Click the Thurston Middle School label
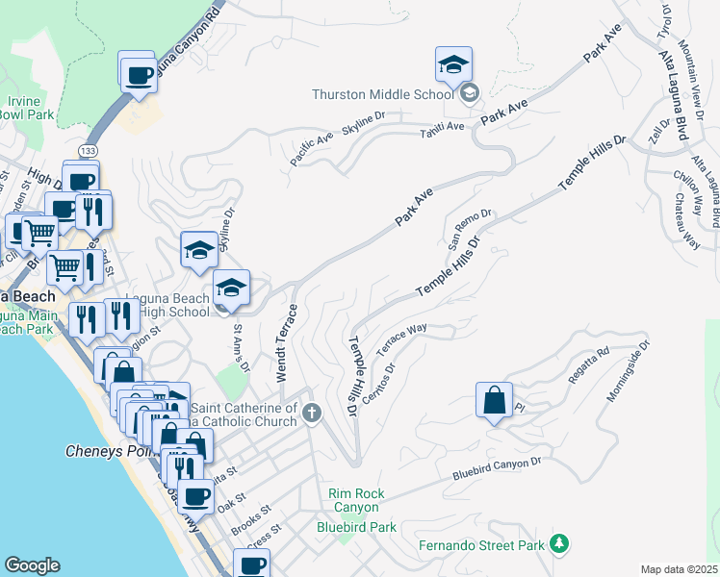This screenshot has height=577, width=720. (382, 94)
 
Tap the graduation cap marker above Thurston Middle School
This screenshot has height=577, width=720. (453, 65)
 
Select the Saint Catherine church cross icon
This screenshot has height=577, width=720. (311, 414)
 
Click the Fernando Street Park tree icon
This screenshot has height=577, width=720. (557, 545)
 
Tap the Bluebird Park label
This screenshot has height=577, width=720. (356, 527)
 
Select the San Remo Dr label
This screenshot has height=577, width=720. (470, 228)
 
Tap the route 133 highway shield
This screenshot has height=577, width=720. (88, 151)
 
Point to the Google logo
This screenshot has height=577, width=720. (32, 565)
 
